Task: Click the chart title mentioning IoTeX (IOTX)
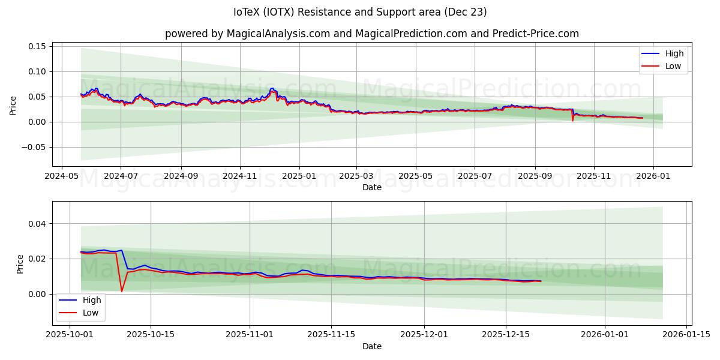pyautogui.click(x=360, y=12)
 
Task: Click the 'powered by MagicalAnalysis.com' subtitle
pyautogui.click(x=372, y=34)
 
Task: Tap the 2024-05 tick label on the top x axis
pyautogui.click(x=62, y=177)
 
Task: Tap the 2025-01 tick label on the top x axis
pyautogui.click(x=299, y=177)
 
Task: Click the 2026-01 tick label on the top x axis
pyautogui.click(x=653, y=177)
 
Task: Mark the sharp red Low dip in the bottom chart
pyautogui.click(x=122, y=291)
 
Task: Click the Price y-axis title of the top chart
pyautogui.click(x=13, y=105)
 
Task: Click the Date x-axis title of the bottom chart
pyautogui.click(x=372, y=346)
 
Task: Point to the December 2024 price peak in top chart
pyautogui.click(x=272, y=89)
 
